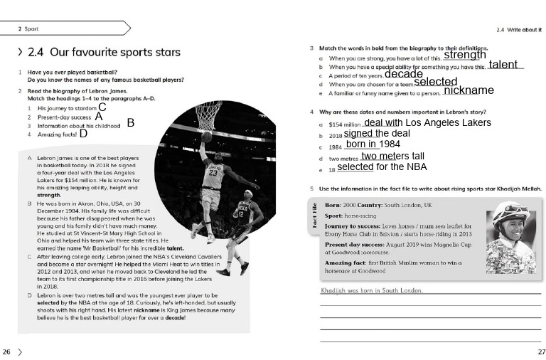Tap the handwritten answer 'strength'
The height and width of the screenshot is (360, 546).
point(465,55)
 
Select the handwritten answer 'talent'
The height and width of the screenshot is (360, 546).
point(503,65)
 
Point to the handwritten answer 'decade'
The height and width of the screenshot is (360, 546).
point(403,74)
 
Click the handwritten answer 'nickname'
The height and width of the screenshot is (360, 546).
point(469,90)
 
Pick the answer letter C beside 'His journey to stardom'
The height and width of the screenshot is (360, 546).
point(102,107)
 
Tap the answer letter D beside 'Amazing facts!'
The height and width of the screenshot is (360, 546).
point(83,133)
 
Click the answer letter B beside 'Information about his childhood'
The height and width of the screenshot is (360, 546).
point(131,122)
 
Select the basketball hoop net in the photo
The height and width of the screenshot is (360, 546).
point(208,115)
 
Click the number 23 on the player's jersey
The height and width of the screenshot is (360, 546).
point(212,171)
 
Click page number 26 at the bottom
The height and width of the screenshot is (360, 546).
point(6,351)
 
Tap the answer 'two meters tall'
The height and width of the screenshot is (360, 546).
point(392,157)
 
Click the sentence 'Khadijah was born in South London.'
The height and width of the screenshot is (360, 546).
point(372,290)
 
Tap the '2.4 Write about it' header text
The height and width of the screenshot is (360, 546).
point(519,30)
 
